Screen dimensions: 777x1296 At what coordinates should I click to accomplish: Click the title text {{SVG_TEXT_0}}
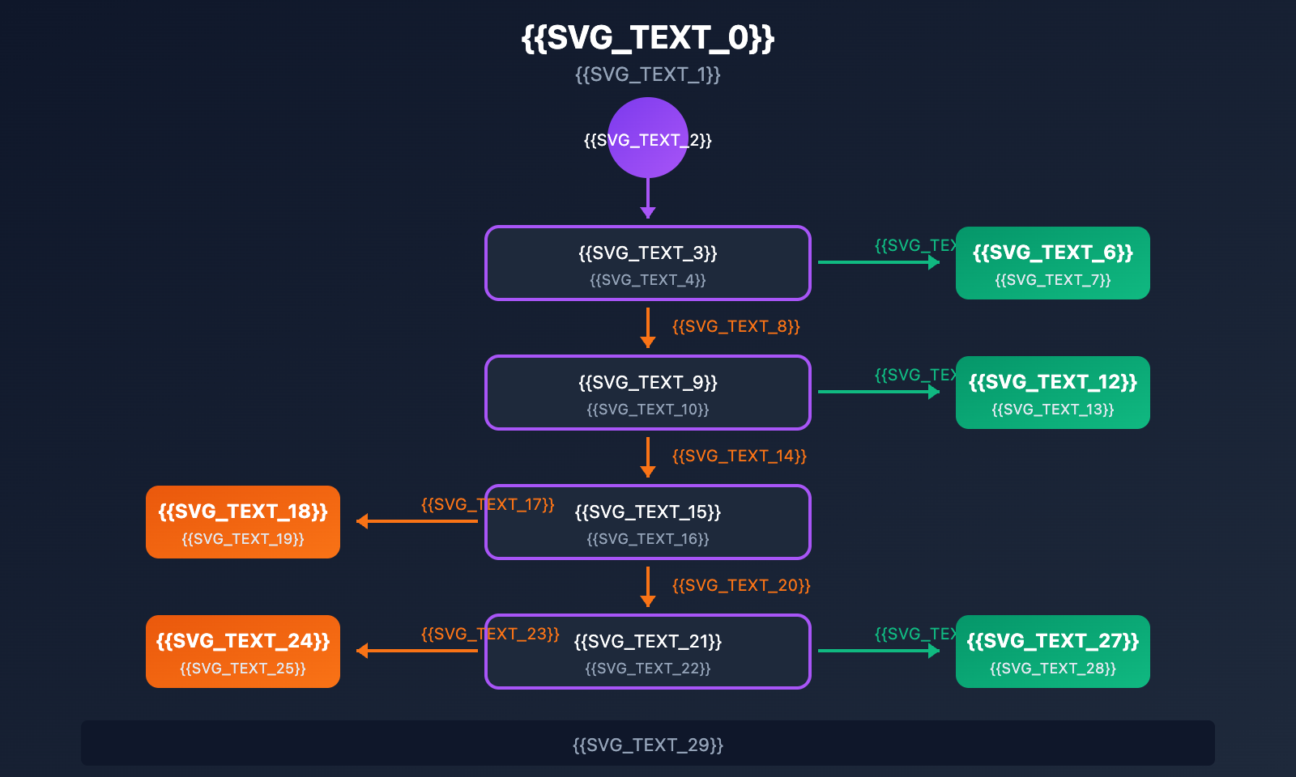click(x=648, y=38)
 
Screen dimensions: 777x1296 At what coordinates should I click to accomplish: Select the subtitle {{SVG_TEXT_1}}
click(x=648, y=74)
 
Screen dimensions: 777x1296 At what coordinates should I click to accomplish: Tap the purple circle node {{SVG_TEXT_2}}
click(x=648, y=138)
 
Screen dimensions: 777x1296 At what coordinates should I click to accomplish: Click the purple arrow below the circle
click(x=648, y=198)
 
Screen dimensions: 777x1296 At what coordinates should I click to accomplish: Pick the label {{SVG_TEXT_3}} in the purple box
click(x=648, y=253)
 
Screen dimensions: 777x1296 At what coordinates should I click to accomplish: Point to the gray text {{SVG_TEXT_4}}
click(x=648, y=280)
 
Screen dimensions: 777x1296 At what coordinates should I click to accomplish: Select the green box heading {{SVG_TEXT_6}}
click(x=1053, y=253)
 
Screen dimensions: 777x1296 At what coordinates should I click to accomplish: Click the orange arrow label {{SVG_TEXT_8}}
click(x=735, y=326)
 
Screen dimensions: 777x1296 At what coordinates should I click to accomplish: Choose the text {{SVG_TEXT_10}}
click(x=648, y=410)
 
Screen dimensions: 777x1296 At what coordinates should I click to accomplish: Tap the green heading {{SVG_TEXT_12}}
click(x=1053, y=382)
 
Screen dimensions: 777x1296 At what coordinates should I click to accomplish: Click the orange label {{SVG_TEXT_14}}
click(x=739, y=456)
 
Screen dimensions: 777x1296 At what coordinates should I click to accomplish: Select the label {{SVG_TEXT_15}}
click(x=648, y=512)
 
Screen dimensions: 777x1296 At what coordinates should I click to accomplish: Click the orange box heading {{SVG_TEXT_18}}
click(x=243, y=512)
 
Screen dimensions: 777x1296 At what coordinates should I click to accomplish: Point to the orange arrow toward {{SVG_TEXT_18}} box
click(x=417, y=521)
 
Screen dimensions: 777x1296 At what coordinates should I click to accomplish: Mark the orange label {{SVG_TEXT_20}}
click(x=740, y=585)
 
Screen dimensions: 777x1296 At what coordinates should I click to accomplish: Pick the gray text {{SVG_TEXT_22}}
click(x=648, y=669)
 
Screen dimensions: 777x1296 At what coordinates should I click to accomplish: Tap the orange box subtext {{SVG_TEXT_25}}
click(x=243, y=669)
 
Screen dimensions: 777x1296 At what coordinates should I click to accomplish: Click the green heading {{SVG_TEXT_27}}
click(x=1053, y=641)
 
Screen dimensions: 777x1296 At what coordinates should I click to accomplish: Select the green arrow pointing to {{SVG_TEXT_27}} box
click(x=879, y=651)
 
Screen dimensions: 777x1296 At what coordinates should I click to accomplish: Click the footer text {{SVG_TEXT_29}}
click(x=648, y=745)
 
